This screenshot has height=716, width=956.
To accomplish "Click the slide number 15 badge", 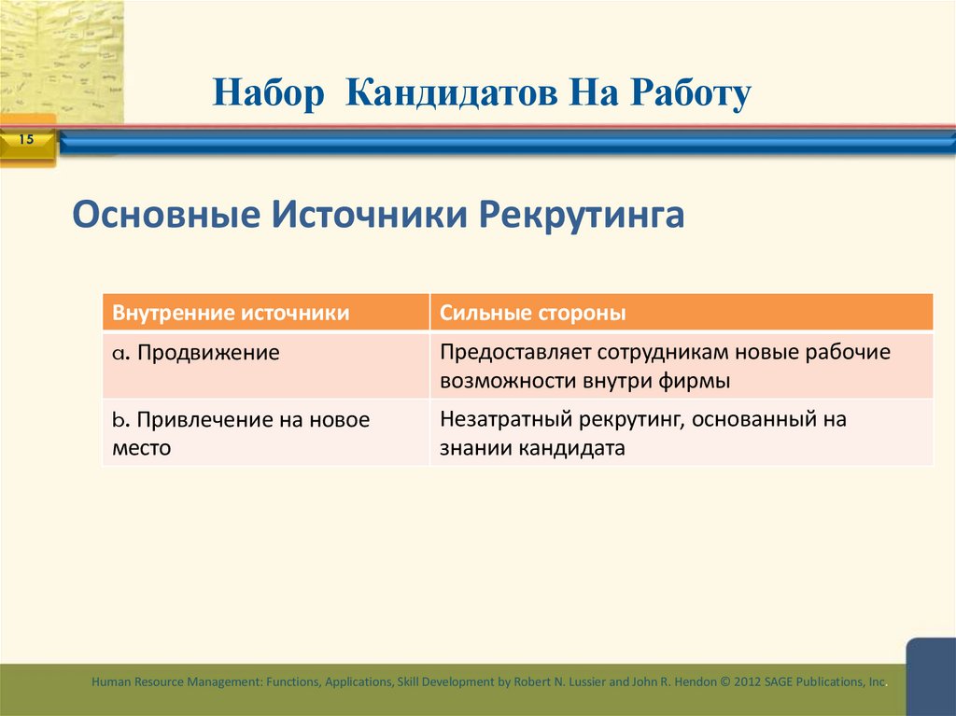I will coord(25,140).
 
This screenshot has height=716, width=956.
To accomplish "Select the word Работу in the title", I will coord(690,94).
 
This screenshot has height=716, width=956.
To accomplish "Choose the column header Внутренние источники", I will coord(232,313).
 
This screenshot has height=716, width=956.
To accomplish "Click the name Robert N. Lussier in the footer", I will coord(556,682).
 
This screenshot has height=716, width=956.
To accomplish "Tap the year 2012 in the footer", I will coord(750,682).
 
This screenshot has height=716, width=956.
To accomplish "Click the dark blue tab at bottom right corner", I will coord(931,676).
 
